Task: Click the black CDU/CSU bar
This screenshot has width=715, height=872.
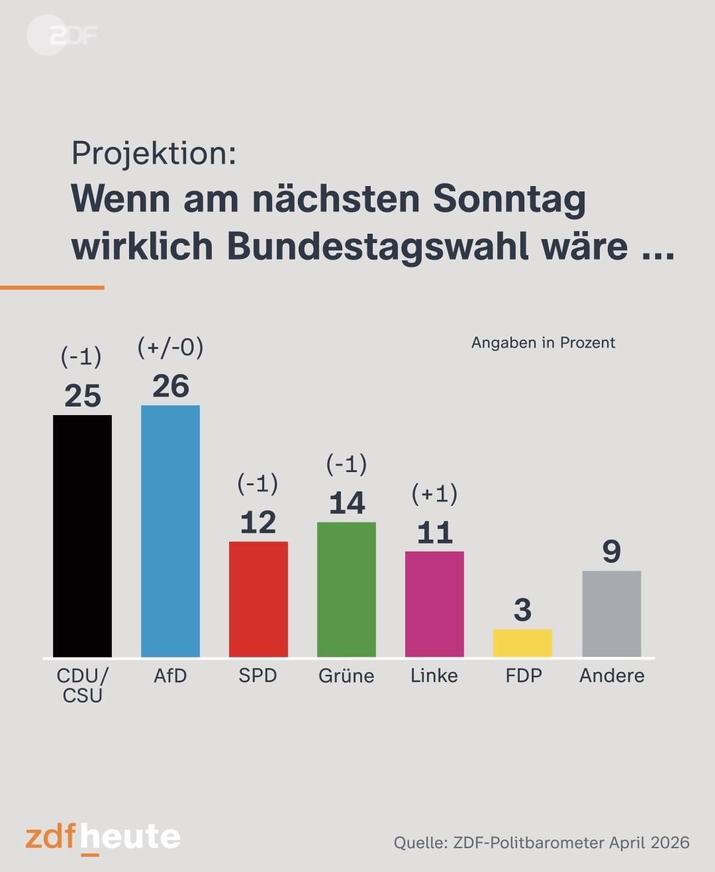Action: (82, 536)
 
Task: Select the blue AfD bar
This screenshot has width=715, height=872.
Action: (170, 531)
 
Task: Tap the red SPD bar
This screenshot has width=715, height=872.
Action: (258, 599)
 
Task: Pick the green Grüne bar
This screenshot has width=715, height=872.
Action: (346, 589)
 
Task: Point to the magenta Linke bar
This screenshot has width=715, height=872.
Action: (434, 604)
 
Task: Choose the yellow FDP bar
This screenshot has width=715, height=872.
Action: (522, 643)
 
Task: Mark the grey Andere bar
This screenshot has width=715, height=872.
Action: (612, 614)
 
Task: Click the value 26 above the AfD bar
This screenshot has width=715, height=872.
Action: (171, 386)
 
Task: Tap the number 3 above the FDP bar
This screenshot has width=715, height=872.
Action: (523, 610)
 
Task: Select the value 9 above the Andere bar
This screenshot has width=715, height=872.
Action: (612, 552)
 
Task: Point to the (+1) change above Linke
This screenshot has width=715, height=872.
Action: (434, 494)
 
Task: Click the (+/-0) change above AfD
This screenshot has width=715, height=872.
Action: (170, 347)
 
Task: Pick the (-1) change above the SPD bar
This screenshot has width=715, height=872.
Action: (258, 483)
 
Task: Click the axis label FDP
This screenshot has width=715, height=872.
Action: (524, 676)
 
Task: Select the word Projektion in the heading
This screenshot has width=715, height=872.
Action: (154, 154)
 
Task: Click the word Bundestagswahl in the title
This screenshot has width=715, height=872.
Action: (378, 247)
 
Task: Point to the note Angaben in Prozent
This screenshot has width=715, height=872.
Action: (544, 343)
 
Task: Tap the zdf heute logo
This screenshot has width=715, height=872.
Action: (103, 838)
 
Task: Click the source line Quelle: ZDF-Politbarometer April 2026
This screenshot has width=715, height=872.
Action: (542, 842)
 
